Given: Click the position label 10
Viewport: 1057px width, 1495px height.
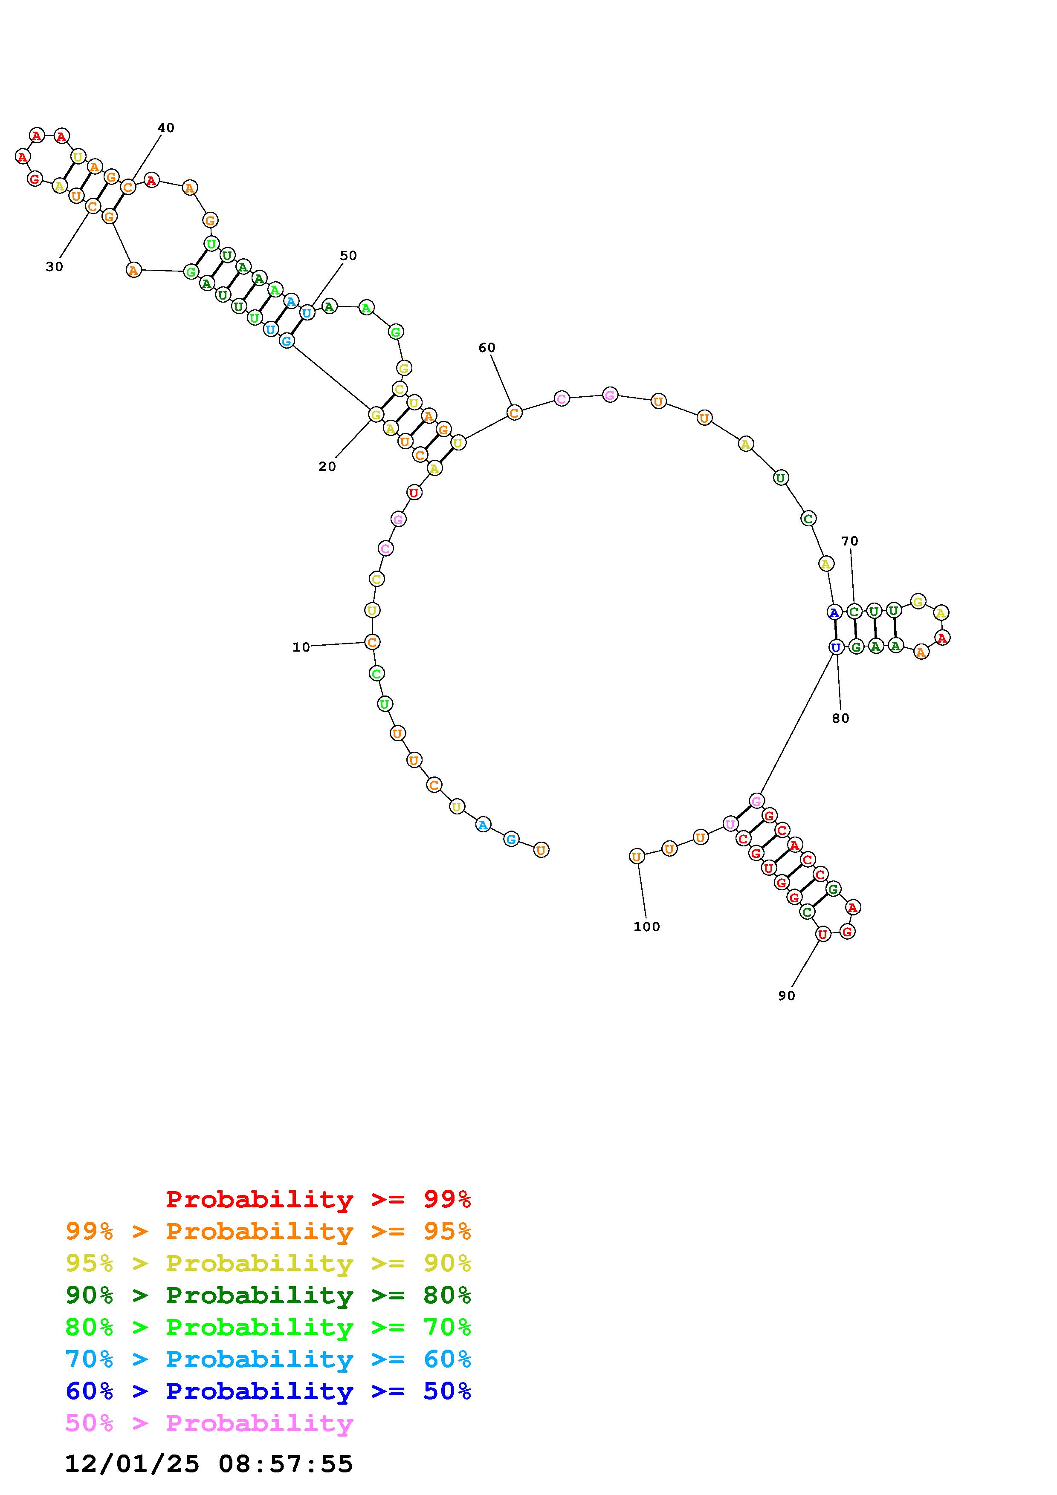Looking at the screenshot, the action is click(301, 647).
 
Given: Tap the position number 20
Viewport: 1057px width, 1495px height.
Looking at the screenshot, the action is click(327, 466).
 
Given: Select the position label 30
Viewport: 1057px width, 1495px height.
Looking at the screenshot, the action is click(55, 266).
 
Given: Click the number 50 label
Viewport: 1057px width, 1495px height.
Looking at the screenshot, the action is click(348, 255).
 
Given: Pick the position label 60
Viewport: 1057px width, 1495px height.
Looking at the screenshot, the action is click(487, 348).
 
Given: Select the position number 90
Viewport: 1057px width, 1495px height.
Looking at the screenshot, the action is click(787, 996).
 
